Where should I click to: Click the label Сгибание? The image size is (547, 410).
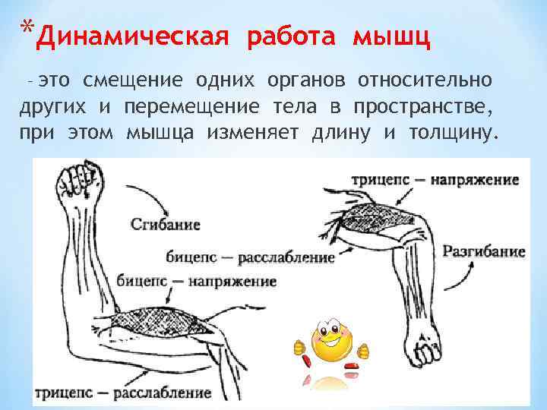(x=165, y=224)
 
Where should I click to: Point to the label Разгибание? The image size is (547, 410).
(x=485, y=251)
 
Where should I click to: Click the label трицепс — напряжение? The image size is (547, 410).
(x=446, y=180)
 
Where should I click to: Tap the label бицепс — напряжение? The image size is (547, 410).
(x=196, y=280)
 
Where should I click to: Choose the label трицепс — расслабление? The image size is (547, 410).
(x=122, y=393)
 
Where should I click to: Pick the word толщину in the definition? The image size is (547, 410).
(x=453, y=134)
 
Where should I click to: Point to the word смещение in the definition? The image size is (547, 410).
(x=133, y=79)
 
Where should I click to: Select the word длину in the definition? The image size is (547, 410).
(x=341, y=134)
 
